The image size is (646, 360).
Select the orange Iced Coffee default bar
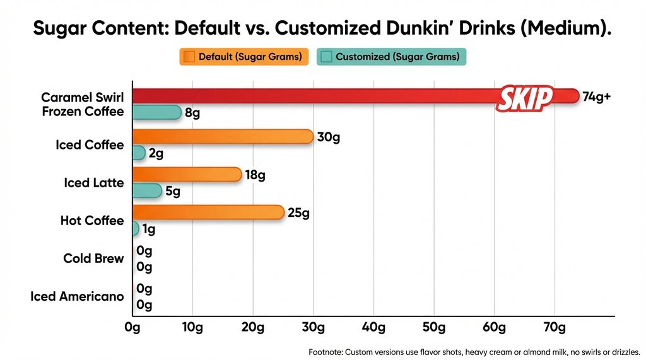coord(222,137)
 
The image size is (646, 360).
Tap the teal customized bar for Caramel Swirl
coord(156,113)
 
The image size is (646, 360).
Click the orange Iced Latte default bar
coord(187,175)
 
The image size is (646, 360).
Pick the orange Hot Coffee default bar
coord(208,212)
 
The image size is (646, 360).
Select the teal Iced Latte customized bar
coord(147,190)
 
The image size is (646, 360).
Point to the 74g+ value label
coord(596,96)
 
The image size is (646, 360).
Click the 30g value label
coord(328,137)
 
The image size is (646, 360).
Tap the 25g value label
coord(298,213)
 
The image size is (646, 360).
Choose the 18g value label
coord(255,175)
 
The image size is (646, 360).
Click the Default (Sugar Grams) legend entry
coord(244,57)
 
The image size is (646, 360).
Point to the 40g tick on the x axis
coord(373,328)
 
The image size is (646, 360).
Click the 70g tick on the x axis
coord(555,328)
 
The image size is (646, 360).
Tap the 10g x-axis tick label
coord(192,328)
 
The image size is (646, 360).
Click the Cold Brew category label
coord(93,258)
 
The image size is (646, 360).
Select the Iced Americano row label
coord(77,296)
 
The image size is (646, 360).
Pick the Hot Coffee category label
coord(92,221)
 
